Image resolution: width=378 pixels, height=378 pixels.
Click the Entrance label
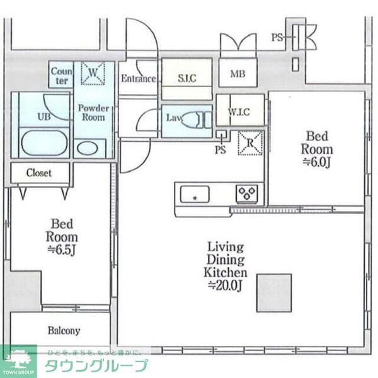tap(138, 79)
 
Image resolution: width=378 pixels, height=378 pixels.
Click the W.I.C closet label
tap(239, 113)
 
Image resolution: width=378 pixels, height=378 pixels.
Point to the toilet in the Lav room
tap(202, 118)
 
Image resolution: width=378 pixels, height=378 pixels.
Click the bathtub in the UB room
tap(43, 142)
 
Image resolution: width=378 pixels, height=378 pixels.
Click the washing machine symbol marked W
tap(93, 74)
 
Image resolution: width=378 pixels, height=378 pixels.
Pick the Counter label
tap(62, 76)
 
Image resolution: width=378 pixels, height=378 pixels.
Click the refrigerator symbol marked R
tap(250, 142)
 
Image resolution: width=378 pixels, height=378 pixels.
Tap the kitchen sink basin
tap(195, 194)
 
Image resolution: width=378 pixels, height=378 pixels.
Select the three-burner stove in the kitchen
tap(246, 192)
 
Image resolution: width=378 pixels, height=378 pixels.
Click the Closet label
tap(39, 172)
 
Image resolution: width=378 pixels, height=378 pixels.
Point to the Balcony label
tap(64, 330)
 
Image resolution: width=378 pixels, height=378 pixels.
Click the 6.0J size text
tap(318, 163)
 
